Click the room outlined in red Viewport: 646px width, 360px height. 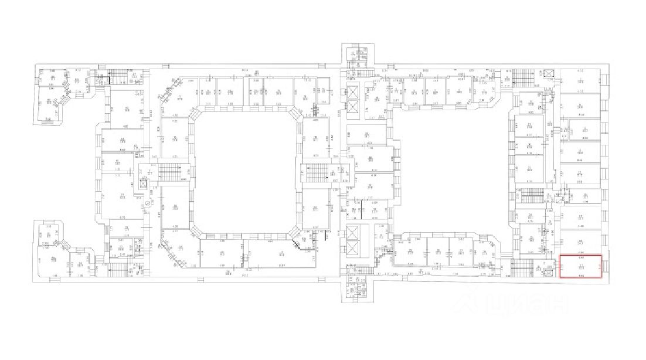(x=580, y=266)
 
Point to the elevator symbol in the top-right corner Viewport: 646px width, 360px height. (x=549, y=74)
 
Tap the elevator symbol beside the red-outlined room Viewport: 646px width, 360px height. (x=549, y=270)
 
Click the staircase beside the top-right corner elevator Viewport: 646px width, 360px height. (x=521, y=78)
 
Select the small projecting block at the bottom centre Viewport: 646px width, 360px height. (x=356, y=291)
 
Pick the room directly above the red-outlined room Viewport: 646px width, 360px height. (x=580, y=241)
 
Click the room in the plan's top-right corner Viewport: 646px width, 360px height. (x=580, y=77)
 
